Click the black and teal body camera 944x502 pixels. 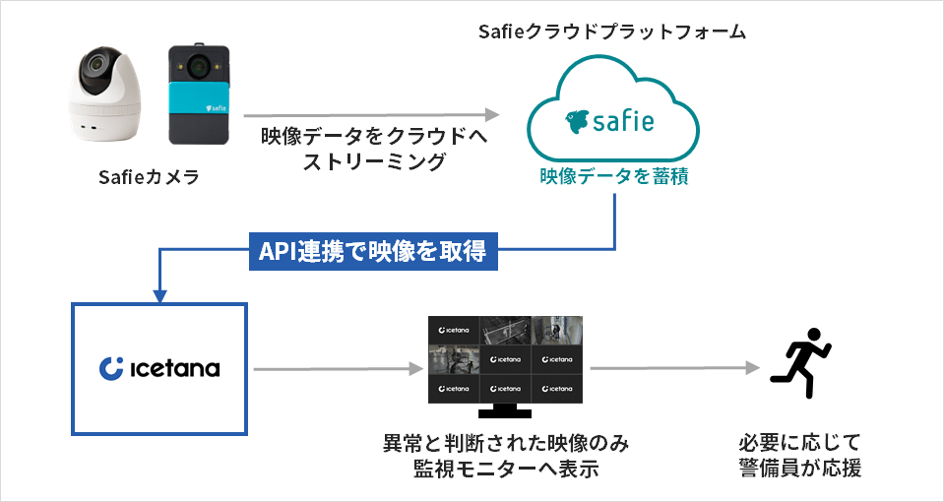coord(198,96)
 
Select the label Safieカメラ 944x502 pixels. coord(150,178)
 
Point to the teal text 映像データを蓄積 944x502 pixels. coord(612,176)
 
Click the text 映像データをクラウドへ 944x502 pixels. coord(374,137)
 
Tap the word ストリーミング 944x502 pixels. coord(374,161)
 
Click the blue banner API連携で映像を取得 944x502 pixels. coord(372,252)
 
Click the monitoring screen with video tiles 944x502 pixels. coord(505,359)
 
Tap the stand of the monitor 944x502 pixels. coord(505,411)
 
